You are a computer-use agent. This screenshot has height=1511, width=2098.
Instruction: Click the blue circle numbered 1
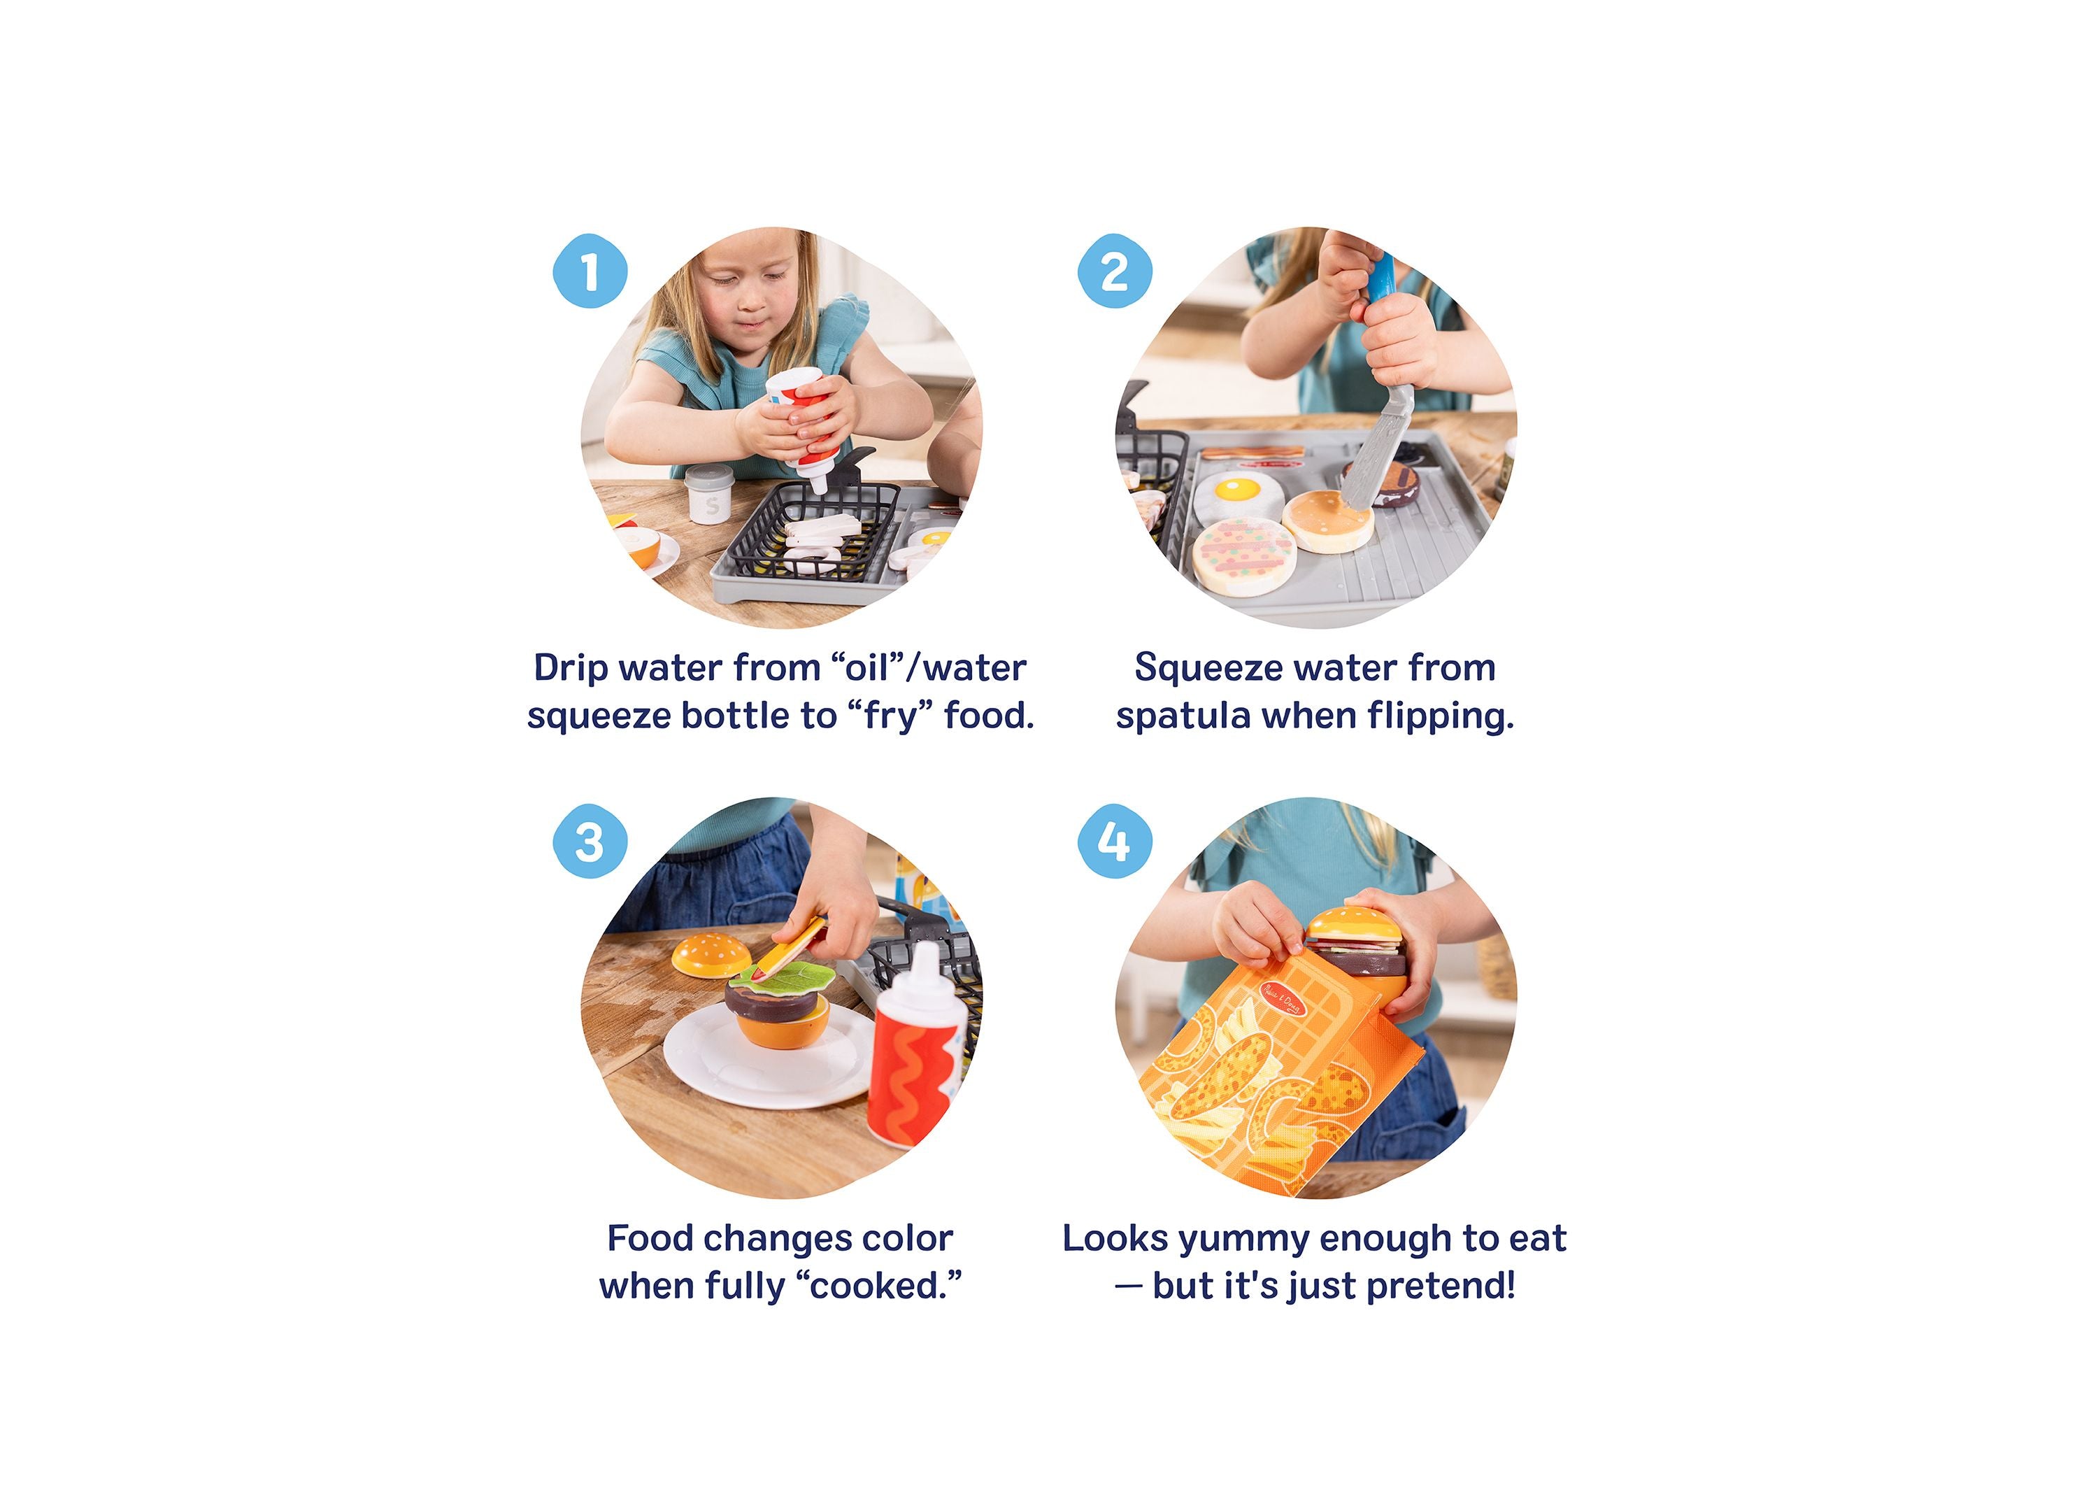point(590,271)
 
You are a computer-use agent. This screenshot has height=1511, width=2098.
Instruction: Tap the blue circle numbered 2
point(1115,271)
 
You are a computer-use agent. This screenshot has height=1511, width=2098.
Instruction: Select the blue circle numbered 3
point(590,842)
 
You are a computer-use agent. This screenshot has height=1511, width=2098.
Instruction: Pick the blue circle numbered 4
point(1115,842)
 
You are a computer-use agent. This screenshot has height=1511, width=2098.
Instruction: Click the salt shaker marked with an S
point(711,495)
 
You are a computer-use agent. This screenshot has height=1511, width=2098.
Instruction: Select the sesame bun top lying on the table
point(711,955)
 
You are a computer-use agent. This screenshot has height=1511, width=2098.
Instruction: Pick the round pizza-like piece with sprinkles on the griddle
point(1243,553)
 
